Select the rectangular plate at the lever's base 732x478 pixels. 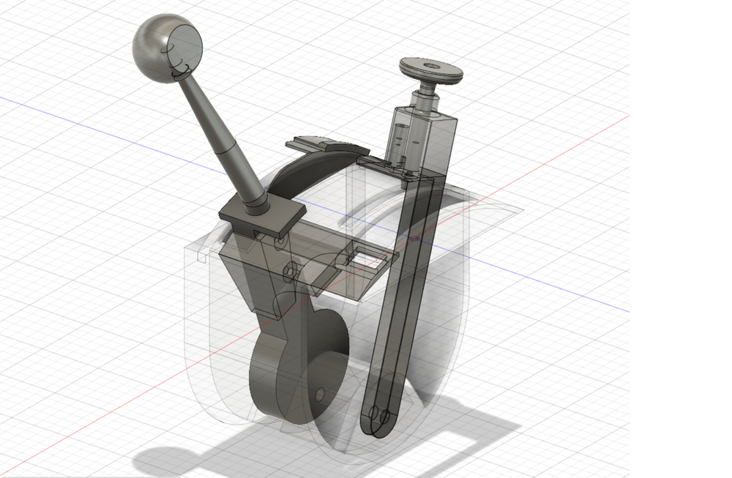pos(261,217)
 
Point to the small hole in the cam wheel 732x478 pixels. pos(320,395)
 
